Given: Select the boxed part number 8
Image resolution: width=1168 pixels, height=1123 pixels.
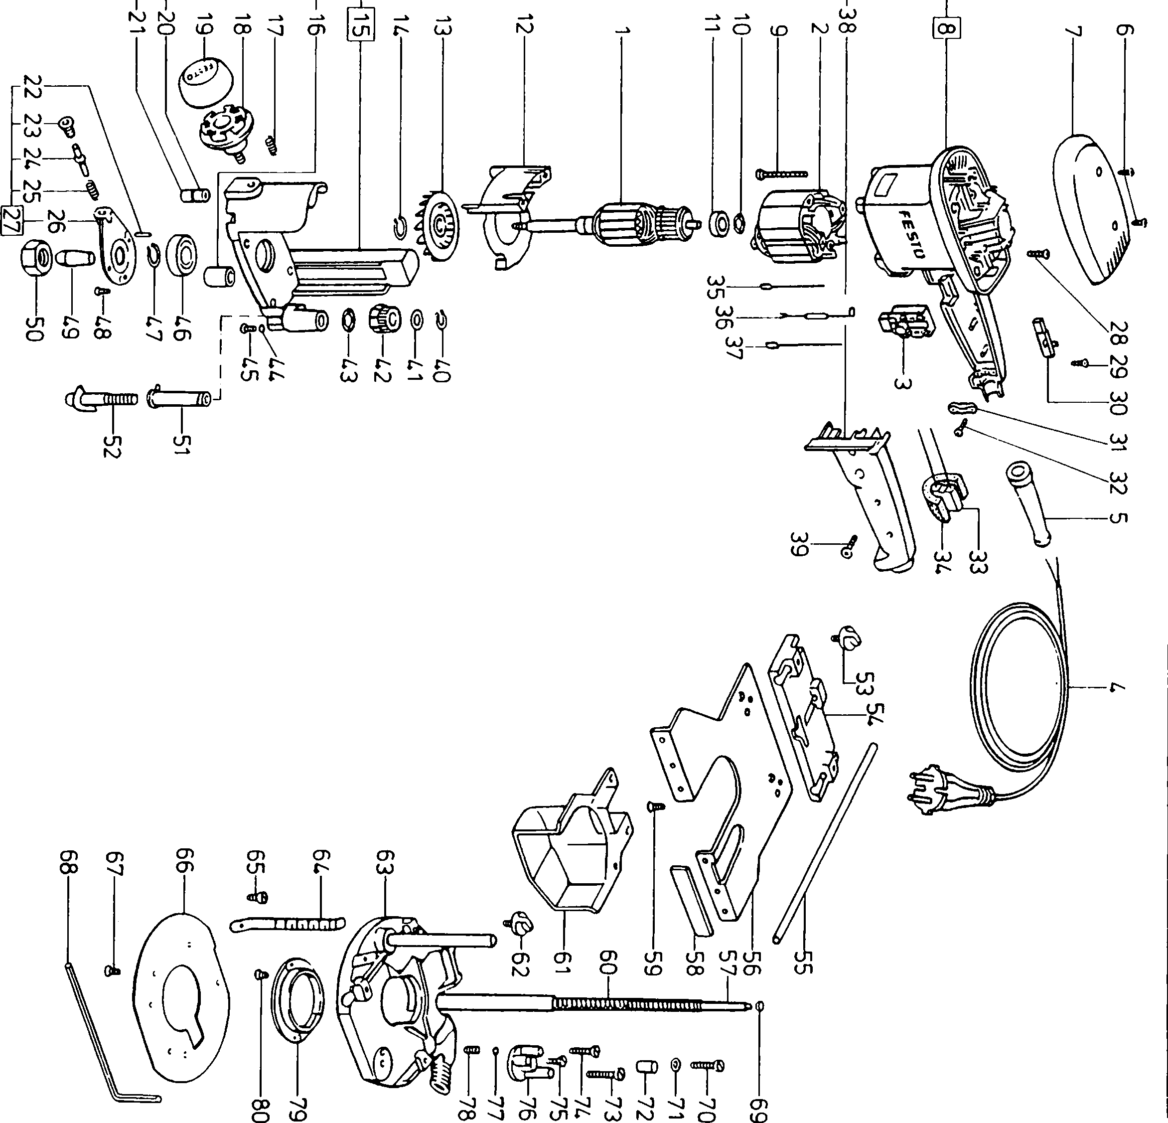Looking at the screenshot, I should click(x=948, y=27).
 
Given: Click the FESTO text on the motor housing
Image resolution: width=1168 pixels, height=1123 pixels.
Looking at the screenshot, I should click(x=910, y=235).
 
